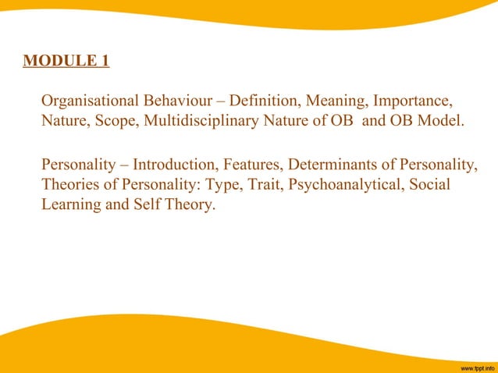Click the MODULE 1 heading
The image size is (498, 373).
click(x=66, y=60)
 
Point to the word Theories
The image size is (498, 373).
click(x=69, y=187)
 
